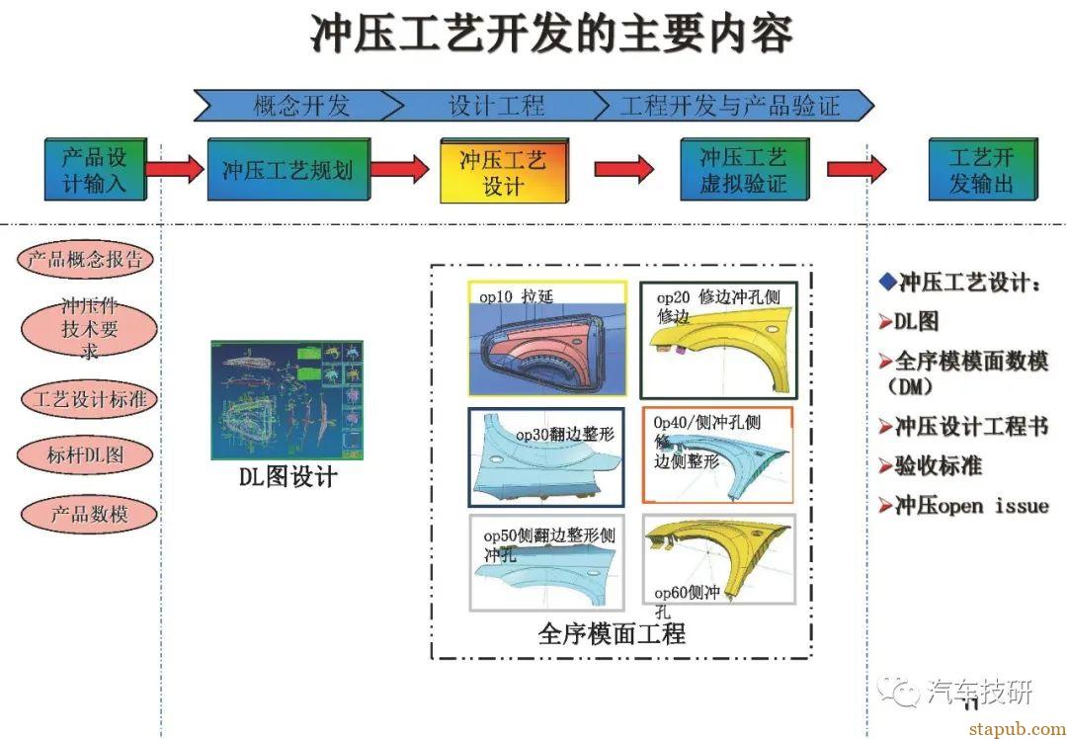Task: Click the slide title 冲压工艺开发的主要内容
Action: point(551,35)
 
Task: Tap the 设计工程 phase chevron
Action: point(494,105)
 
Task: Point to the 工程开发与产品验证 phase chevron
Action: point(731,105)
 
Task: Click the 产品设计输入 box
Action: point(95,170)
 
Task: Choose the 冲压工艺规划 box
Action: point(287,170)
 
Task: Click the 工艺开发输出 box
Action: point(981,170)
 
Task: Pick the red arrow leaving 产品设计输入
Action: point(175,169)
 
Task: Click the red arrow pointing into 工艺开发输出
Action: point(856,169)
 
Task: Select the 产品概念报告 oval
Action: point(87,261)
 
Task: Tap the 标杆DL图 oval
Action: point(86,455)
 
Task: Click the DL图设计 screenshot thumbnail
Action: point(287,400)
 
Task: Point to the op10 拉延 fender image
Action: point(547,340)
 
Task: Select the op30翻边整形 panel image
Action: point(546,455)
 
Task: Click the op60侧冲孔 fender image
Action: point(718,561)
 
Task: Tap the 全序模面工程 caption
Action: point(612,633)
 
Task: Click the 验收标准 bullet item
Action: point(938,466)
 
